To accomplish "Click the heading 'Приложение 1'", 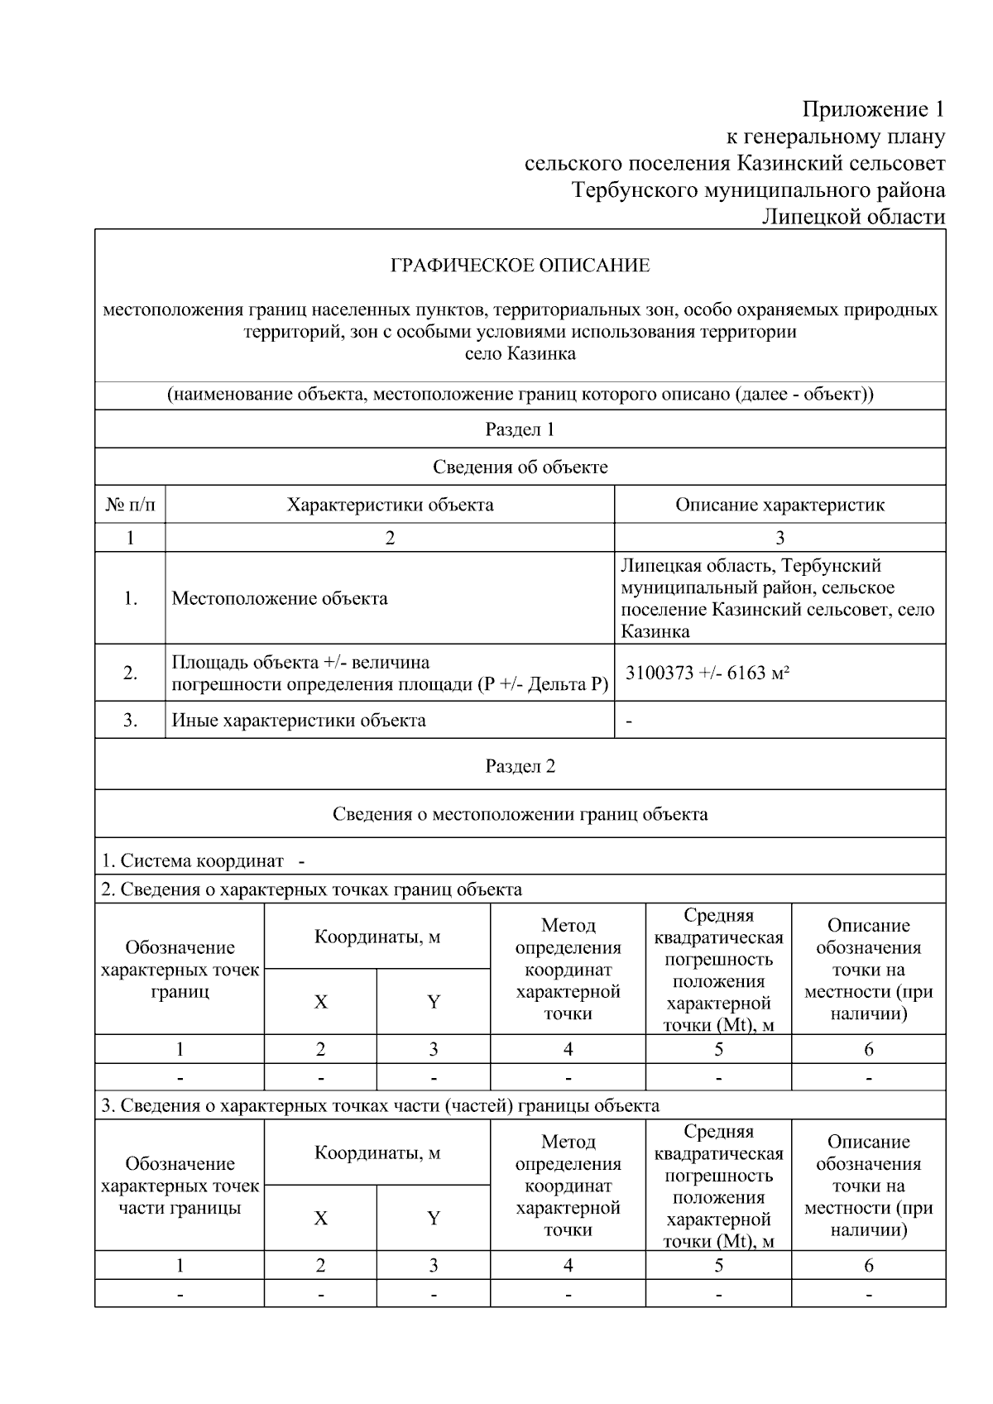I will [872, 109].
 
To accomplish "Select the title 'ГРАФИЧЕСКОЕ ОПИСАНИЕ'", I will [520, 266].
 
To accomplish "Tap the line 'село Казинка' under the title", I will [520, 354].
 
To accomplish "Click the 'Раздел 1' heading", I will [520, 429].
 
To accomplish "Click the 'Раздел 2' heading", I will [520, 766].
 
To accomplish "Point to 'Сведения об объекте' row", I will [520, 467].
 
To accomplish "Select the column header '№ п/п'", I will [130, 505].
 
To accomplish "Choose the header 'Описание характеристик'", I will [780, 505].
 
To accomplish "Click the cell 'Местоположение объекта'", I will [280, 598].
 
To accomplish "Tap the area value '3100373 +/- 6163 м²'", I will [707, 673].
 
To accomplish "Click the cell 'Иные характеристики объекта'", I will [299, 720].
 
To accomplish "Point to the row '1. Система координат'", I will [203, 860].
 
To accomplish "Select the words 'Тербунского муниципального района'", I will [758, 190].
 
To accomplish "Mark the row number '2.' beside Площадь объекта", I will [130, 673].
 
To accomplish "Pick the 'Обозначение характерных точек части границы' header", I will [180, 1186].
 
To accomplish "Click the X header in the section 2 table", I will [320, 1002].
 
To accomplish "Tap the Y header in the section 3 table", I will [433, 1218].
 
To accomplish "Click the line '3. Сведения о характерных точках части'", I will [381, 1105].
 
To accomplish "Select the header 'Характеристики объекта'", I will [390, 505].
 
